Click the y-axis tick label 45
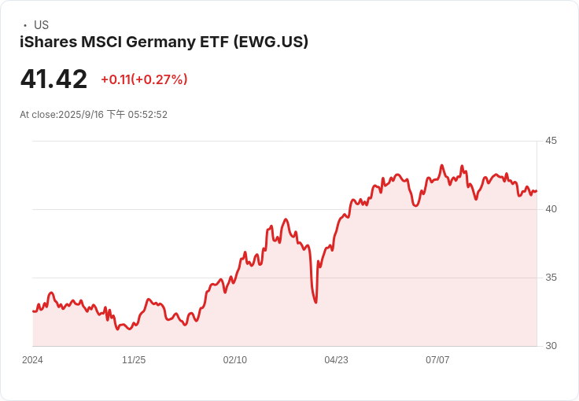coord(551,141)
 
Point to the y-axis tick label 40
coord(551,209)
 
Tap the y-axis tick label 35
coord(551,278)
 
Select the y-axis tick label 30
coord(551,346)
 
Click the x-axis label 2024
coord(32,359)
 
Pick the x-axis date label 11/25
coord(134,359)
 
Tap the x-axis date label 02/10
coord(235,359)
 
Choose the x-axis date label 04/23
coord(336,359)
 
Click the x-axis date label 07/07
coord(437,359)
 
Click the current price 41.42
coord(54,79)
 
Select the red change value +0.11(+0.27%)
coord(145,79)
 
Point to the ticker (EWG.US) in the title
coord(271,42)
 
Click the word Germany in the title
coord(160,42)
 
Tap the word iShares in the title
coord(48,42)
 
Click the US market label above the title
coord(41,24)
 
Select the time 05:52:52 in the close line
coord(148,115)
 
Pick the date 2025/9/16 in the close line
coord(81,115)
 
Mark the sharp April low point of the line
coord(315,303)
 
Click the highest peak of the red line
coord(441,165)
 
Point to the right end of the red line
coord(537,191)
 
